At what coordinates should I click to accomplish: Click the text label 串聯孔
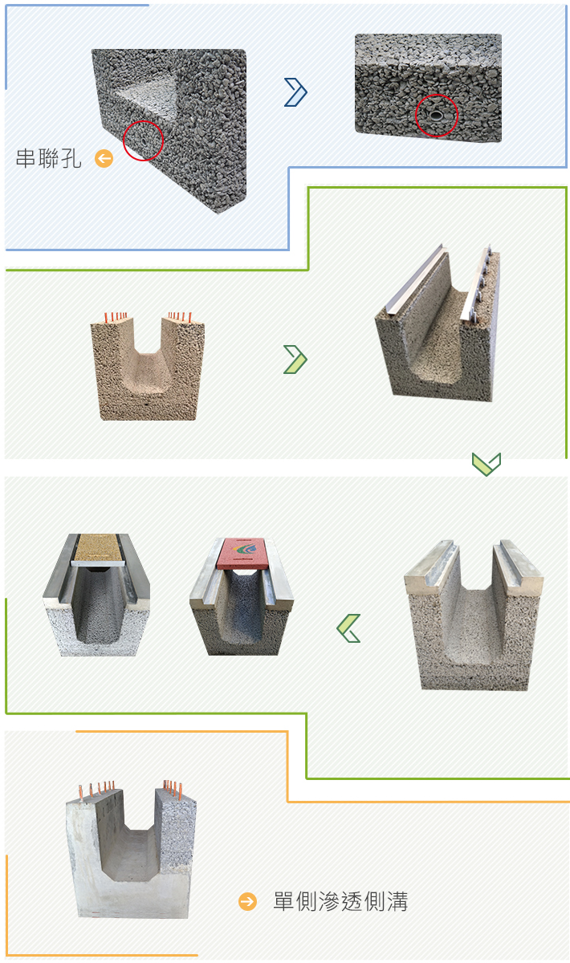(48, 159)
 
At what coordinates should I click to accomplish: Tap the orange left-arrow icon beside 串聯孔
(104, 159)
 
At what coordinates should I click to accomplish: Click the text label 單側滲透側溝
(340, 901)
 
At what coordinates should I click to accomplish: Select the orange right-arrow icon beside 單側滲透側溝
(248, 901)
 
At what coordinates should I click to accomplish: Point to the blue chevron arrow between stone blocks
(296, 92)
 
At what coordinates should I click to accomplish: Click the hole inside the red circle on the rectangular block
(436, 116)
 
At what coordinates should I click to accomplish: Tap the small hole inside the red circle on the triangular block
(144, 140)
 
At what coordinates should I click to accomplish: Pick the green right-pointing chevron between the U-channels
(295, 360)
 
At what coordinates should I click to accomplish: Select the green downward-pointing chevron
(487, 464)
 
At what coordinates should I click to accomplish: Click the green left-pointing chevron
(348, 628)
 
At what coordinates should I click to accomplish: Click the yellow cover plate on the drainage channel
(98, 547)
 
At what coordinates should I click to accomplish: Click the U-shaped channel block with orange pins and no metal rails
(148, 367)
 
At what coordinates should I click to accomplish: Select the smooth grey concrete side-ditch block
(131, 850)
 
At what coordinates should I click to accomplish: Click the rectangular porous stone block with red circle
(429, 87)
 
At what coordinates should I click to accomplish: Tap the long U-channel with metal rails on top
(438, 323)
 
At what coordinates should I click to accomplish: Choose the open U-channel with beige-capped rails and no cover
(473, 616)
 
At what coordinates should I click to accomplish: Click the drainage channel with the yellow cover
(96, 595)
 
